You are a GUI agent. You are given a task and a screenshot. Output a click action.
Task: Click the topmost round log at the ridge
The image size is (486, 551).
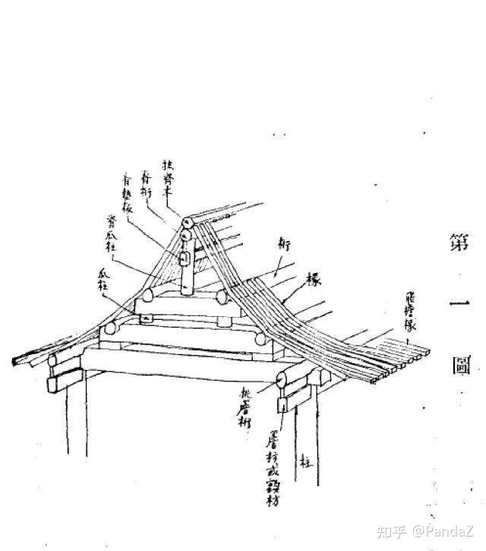pos(186,223)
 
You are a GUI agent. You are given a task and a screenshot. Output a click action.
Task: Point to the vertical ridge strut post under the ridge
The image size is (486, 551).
pos(185,277)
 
